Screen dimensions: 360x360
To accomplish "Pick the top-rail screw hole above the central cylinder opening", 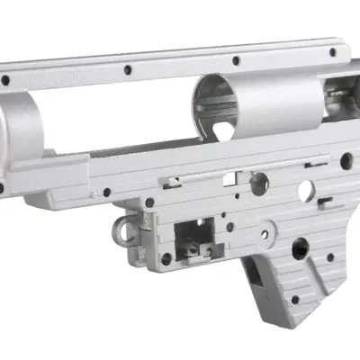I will [236, 61].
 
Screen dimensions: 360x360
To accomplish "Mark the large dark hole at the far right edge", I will [346, 162].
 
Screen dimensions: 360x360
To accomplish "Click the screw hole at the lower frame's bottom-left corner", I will [166, 259].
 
